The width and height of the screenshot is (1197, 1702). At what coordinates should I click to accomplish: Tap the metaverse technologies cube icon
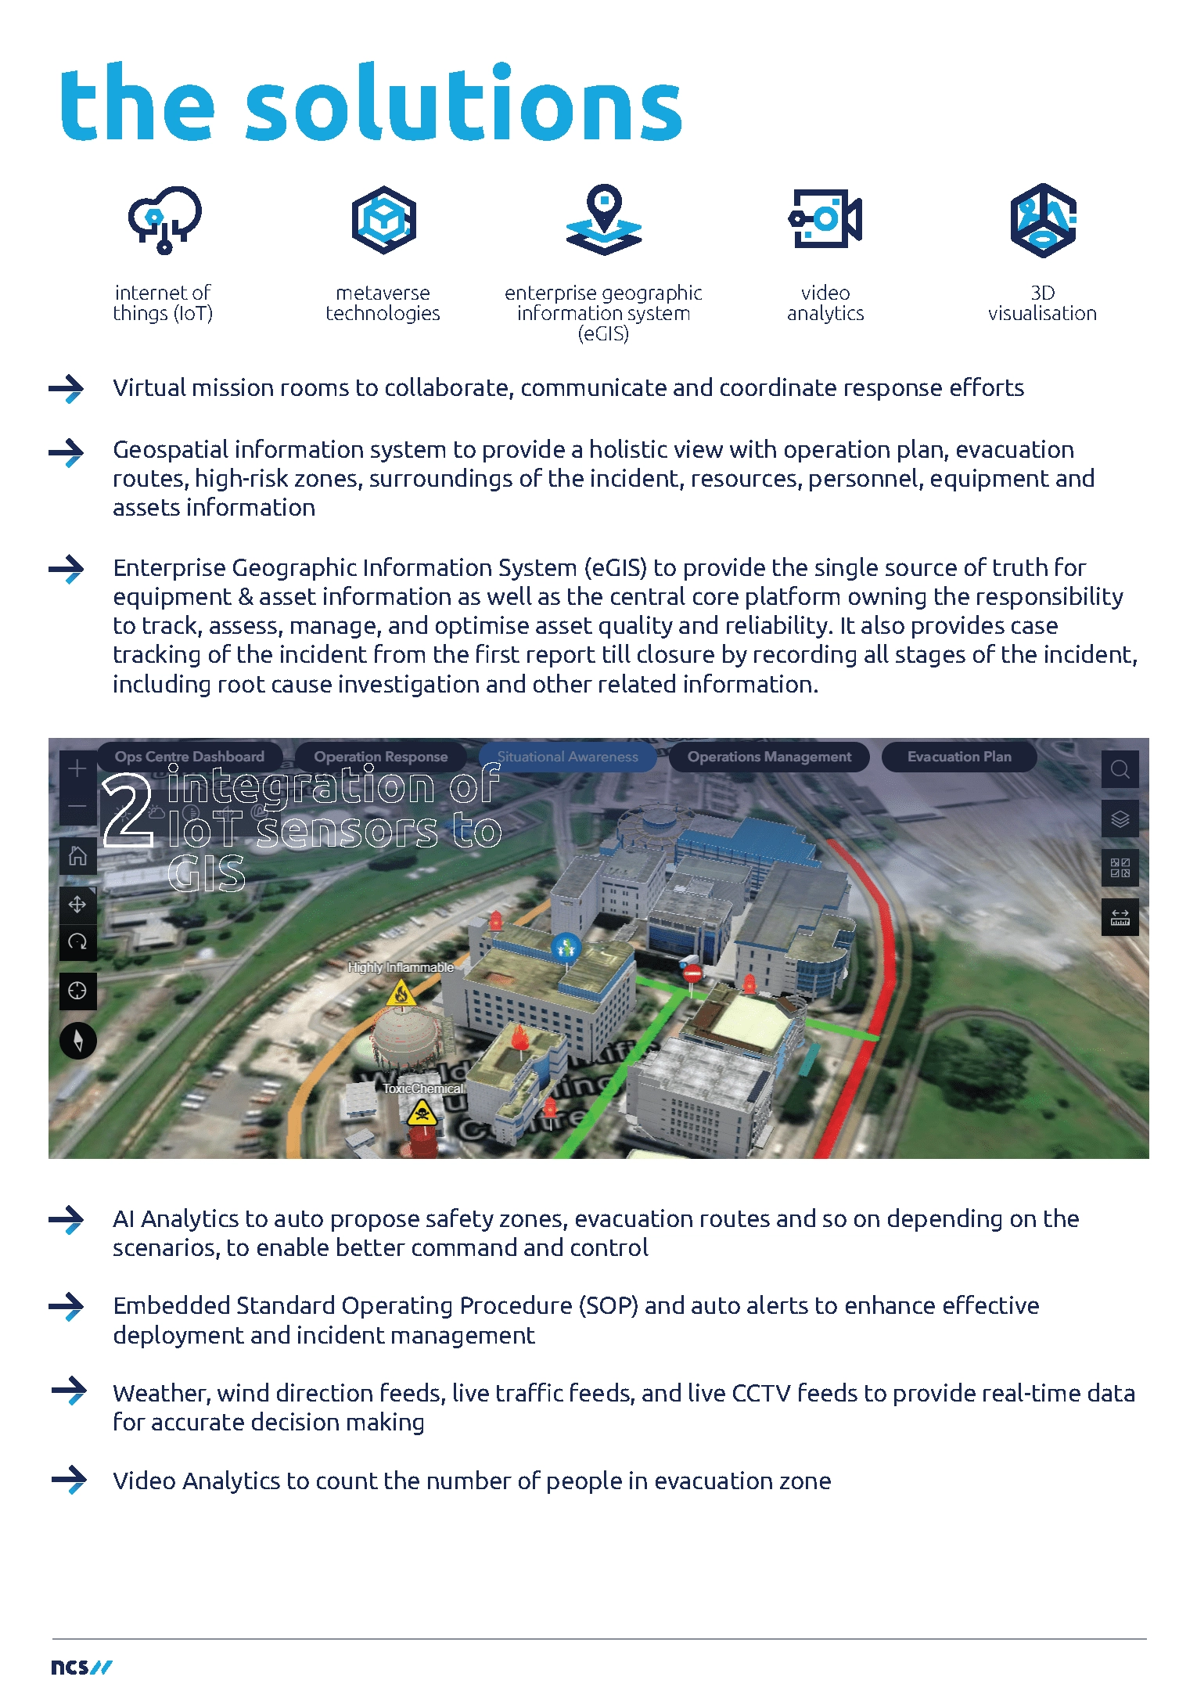click(383, 220)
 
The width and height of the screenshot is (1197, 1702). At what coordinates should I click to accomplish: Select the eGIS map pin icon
click(604, 219)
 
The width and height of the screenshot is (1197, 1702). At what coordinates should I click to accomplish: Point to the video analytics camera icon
click(825, 218)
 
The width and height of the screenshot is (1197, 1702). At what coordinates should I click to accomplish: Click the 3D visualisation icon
click(1043, 220)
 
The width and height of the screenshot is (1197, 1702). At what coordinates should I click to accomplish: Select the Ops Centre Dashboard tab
click(189, 757)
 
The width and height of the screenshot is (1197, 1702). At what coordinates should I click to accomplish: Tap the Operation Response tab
click(381, 757)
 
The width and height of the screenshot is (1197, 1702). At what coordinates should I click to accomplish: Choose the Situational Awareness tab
click(567, 757)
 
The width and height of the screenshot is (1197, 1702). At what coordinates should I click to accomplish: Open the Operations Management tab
click(769, 757)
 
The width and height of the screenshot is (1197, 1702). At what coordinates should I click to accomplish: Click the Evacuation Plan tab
click(959, 757)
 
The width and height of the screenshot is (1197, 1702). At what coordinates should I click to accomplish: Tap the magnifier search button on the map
click(1120, 770)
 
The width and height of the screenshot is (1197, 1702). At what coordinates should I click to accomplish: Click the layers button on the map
click(1120, 819)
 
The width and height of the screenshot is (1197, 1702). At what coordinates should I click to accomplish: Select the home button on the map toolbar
click(77, 855)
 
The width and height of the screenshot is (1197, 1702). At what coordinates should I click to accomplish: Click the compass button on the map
click(78, 1040)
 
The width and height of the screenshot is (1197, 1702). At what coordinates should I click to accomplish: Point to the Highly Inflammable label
click(401, 967)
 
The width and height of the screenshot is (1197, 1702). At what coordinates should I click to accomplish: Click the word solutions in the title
click(464, 105)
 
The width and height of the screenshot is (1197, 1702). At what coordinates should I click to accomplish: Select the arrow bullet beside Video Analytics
click(70, 1479)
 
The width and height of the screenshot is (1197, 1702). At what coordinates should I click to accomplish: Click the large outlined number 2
click(128, 811)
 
